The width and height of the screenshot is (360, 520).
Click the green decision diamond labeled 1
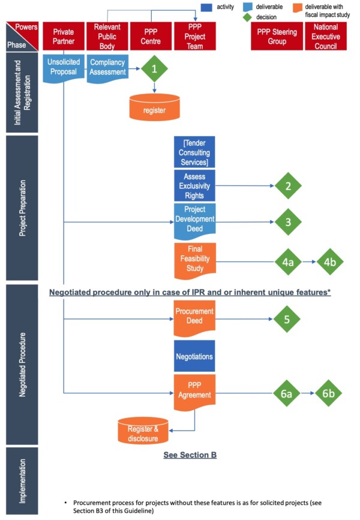click(154, 70)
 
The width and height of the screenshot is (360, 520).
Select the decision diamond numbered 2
click(288, 186)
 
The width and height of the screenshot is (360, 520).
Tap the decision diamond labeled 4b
click(330, 261)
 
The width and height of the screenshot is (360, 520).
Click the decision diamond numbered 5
click(288, 319)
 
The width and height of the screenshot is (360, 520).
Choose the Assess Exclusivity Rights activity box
click(194, 185)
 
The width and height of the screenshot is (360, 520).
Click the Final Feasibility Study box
click(194, 260)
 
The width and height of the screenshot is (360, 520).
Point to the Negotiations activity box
click(194, 356)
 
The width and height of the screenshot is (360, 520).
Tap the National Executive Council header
click(326, 36)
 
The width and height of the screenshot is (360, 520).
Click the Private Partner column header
click(64, 36)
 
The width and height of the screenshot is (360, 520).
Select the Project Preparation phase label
click(23, 208)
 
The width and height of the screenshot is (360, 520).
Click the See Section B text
click(190, 455)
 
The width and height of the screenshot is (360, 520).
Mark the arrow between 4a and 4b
click(309, 261)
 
